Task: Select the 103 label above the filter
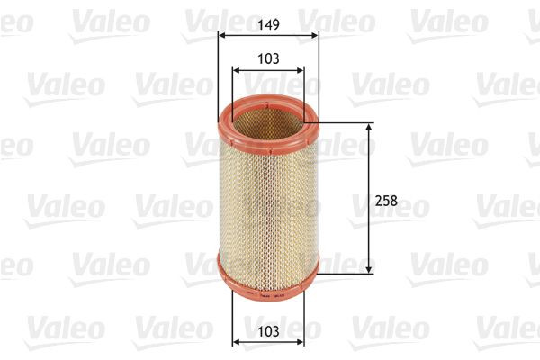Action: tap(268, 58)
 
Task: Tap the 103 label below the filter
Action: tap(268, 332)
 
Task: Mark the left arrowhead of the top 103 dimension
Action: tap(236, 70)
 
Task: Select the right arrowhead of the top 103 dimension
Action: tap(301, 70)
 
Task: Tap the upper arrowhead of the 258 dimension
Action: tap(370, 128)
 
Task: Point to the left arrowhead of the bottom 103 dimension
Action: tap(236, 343)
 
